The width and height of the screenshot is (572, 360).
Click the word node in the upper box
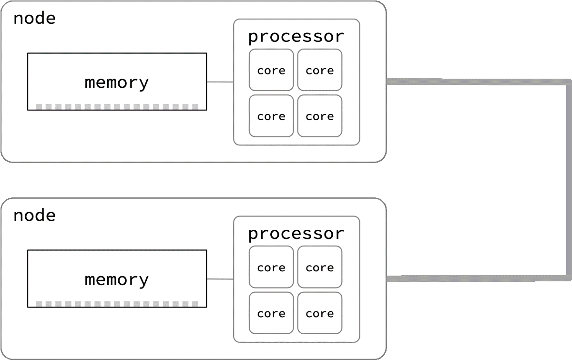pyautogui.click(x=34, y=19)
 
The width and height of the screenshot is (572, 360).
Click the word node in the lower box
pyautogui.click(x=34, y=216)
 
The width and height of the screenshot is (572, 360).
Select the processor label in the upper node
pyautogui.click(x=296, y=37)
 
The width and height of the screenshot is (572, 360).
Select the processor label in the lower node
pyautogui.click(x=296, y=234)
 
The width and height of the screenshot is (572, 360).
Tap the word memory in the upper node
pyautogui.click(x=117, y=82)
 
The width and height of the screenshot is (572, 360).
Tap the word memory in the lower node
pyautogui.click(x=117, y=279)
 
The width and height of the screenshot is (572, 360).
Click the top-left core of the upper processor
pyautogui.click(x=271, y=70)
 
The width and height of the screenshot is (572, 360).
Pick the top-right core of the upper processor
pyautogui.click(x=320, y=70)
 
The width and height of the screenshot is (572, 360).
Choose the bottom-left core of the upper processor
pyautogui.click(x=271, y=116)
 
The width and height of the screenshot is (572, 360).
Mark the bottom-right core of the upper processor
pyautogui.click(x=320, y=116)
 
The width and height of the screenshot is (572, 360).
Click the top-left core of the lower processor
pyautogui.click(x=271, y=267)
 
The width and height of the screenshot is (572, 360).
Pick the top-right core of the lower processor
pyautogui.click(x=320, y=267)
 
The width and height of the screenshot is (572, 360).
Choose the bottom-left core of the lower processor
pyautogui.click(x=271, y=313)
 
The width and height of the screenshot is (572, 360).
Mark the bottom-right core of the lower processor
pyautogui.click(x=320, y=313)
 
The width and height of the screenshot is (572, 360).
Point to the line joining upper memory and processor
pyautogui.click(x=220, y=82)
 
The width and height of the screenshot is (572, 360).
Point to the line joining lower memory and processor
pyautogui.click(x=220, y=279)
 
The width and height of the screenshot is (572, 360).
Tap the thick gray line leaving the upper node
pyautogui.click(x=477, y=82)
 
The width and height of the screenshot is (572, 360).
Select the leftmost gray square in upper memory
pyautogui.click(x=39, y=106)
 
